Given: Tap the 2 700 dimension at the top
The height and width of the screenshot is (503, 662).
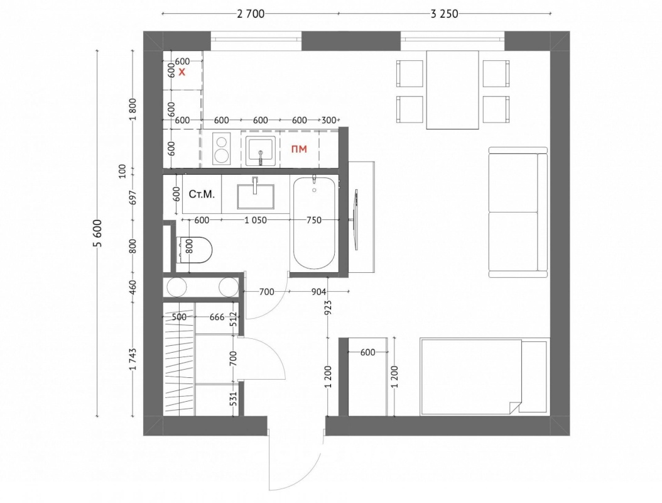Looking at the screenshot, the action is click(x=251, y=14).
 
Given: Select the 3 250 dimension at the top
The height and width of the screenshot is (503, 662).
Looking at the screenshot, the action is click(x=444, y=14).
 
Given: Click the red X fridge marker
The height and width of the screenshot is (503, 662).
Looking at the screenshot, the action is click(x=182, y=72).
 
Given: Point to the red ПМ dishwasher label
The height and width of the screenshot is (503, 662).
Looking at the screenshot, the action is click(x=300, y=149).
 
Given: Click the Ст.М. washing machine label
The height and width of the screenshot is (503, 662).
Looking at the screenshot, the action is click(x=202, y=194).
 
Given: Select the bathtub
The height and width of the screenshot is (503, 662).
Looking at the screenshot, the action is click(x=315, y=223).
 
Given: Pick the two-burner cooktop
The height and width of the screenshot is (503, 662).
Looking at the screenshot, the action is click(x=221, y=149).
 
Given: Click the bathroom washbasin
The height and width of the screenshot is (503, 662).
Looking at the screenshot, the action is click(x=256, y=196).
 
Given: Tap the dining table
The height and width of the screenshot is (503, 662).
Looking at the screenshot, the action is click(x=452, y=90).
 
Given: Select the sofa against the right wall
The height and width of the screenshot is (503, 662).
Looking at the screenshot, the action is click(x=518, y=212).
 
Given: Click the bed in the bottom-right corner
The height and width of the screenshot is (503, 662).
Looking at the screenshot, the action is click(x=484, y=376).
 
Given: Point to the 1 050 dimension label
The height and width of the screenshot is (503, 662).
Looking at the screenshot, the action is click(x=256, y=220).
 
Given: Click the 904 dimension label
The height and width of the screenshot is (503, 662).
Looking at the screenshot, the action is click(x=318, y=292).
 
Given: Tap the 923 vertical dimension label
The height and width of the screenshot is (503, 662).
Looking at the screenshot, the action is click(x=328, y=307).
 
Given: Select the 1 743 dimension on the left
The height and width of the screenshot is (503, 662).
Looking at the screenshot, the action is click(x=133, y=359).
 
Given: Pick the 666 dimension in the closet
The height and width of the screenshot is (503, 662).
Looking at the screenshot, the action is click(x=217, y=317).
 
